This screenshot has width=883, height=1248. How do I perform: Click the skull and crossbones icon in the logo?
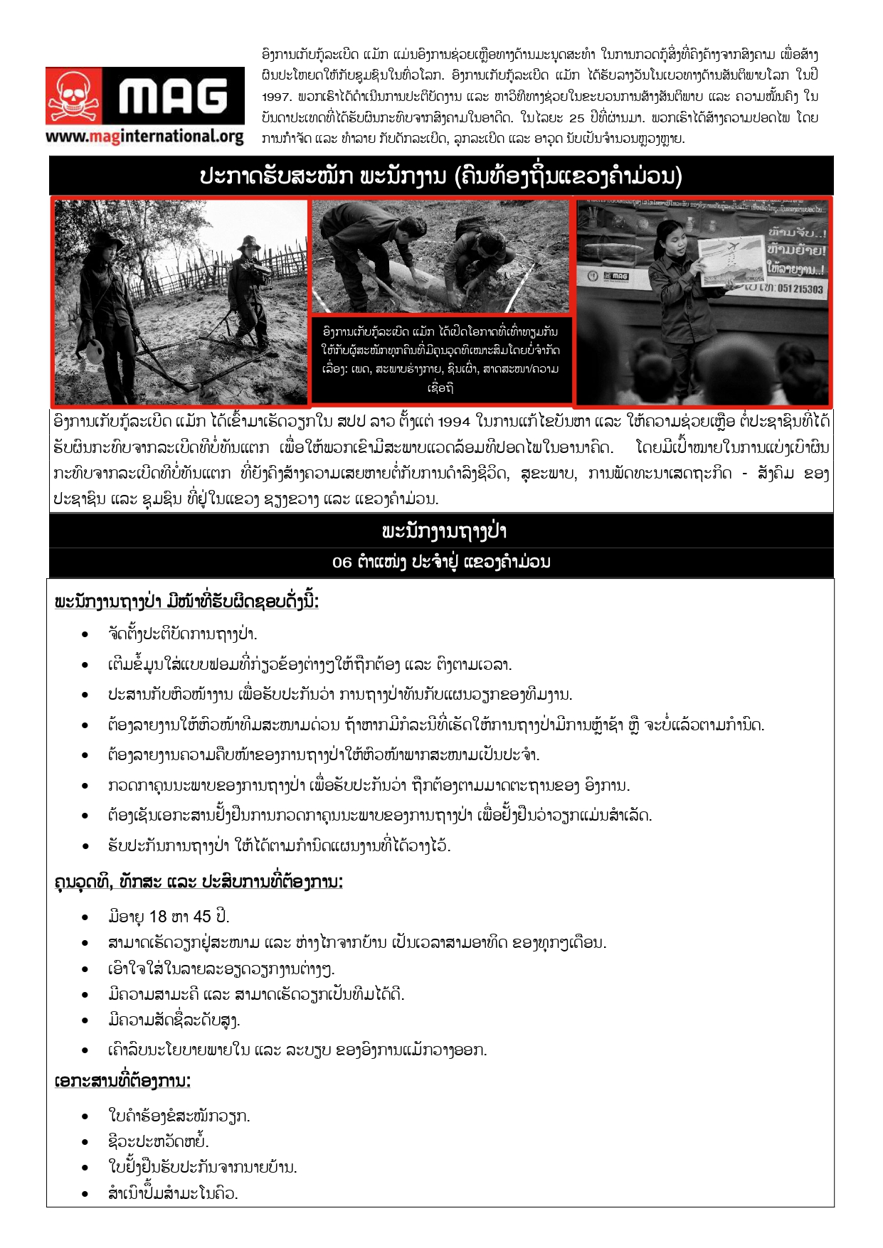click(73, 97)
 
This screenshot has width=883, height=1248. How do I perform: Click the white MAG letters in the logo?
click(173, 96)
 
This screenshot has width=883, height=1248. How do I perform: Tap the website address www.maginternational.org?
click(144, 136)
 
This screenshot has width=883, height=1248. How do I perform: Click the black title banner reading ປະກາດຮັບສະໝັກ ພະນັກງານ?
click(441, 176)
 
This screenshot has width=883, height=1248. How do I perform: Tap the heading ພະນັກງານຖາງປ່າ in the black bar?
click(441, 531)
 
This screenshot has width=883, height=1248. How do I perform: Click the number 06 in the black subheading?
click(342, 562)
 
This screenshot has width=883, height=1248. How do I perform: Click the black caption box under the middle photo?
click(441, 360)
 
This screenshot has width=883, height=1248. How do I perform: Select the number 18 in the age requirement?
click(158, 917)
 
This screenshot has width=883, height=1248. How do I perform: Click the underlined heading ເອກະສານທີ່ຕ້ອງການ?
click(122, 1082)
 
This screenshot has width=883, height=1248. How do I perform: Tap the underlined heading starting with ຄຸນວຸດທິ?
click(199, 882)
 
